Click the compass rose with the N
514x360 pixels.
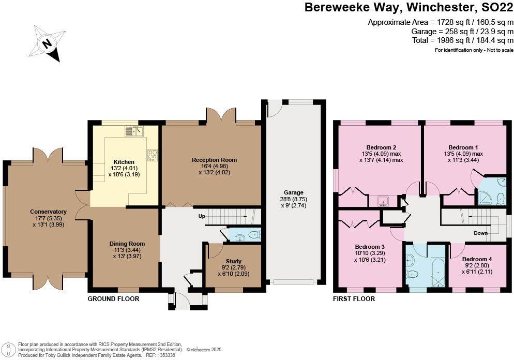pyautogui.click(x=47, y=43)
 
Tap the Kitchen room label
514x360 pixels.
pyautogui.click(x=124, y=162)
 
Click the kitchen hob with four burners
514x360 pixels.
pyautogui.click(x=153, y=154)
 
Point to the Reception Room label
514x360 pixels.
pyautogui.click(x=214, y=160)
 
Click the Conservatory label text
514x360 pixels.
pyautogui.click(x=49, y=212)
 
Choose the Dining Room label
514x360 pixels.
pyautogui.click(x=127, y=244)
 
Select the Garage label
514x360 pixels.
pyautogui.click(x=293, y=192)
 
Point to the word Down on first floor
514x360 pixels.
pyautogui.click(x=480, y=233)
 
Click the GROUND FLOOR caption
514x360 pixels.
pyautogui.click(x=113, y=299)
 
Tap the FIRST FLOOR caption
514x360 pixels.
pyautogui.click(x=354, y=299)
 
